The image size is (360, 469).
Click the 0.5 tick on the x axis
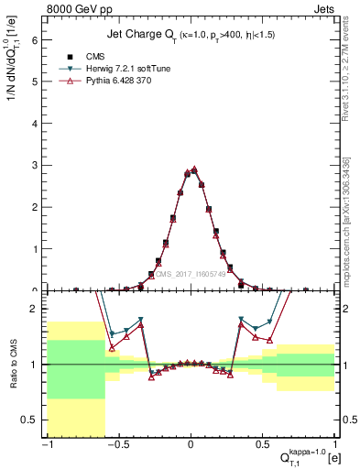pos(264,446)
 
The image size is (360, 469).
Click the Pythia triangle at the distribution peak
pos(194,169)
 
